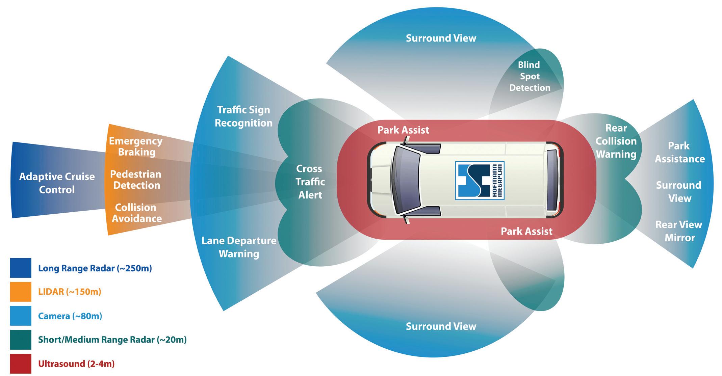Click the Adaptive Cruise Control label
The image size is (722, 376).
pyautogui.click(x=57, y=183)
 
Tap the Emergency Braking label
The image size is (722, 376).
pyautogui.click(x=136, y=146)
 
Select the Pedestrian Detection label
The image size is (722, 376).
pyautogui.click(x=136, y=180)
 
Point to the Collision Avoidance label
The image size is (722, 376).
pyautogui.click(x=136, y=213)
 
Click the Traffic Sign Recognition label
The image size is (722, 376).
pyautogui.click(x=243, y=116)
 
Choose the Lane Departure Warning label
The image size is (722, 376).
pyautogui.click(x=239, y=247)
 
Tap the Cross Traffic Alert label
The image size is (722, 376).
pyautogui.click(x=310, y=182)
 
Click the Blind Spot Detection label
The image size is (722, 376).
pyautogui.click(x=530, y=76)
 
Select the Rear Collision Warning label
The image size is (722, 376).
pyautogui.click(x=616, y=141)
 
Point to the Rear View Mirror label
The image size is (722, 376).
pyautogui.click(x=679, y=231)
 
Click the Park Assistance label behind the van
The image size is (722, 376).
pyautogui.click(x=679, y=152)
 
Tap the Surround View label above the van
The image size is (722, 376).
pyautogui.click(x=441, y=38)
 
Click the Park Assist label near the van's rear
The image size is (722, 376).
pyautogui.click(x=526, y=231)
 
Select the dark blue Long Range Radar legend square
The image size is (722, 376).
pyautogui.click(x=21, y=268)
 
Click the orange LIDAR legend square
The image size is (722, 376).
pyautogui.click(x=21, y=292)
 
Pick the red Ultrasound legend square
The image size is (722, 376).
pyautogui.click(x=21, y=364)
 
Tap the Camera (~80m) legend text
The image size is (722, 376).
pyautogui.click(x=70, y=316)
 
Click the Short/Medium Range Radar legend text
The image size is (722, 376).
pyautogui.click(x=112, y=340)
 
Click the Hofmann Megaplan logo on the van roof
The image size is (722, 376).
pyautogui.click(x=480, y=180)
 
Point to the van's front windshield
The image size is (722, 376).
pyautogui.click(x=405, y=181)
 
